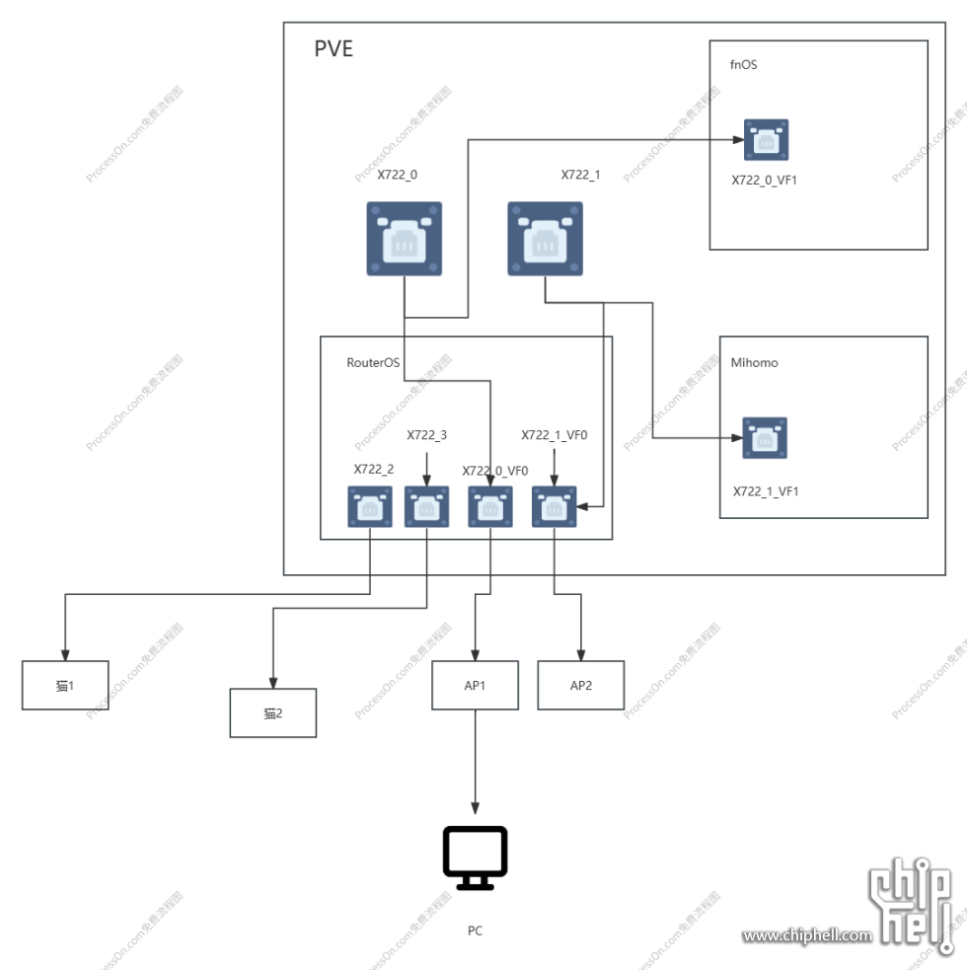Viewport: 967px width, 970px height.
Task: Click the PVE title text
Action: pos(334,48)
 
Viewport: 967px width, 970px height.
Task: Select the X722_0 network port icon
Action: pos(405,239)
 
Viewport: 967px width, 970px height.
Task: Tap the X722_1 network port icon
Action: pos(545,239)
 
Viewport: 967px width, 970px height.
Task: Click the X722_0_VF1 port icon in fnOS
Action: pos(766,140)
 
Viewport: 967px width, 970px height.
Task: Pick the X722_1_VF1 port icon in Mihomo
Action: pos(765,438)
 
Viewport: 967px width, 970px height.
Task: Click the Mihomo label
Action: pos(754,362)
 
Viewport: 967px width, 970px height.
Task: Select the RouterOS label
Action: pos(372,362)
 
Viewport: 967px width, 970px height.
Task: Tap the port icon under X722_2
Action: pos(370,507)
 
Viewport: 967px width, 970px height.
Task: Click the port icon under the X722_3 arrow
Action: pos(426,507)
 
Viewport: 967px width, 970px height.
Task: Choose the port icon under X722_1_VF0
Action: pos(554,507)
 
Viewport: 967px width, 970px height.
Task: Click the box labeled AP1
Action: pos(475,685)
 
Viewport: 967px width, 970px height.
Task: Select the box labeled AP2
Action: pos(581,685)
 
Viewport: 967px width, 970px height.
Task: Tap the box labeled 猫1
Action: pos(65,685)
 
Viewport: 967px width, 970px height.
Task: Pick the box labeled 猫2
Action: pos(273,712)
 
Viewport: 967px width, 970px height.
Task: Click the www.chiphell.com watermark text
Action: pos(807,935)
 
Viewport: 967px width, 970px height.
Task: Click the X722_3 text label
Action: pos(426,434)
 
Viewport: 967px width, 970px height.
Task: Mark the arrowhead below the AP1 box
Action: pos(475,807)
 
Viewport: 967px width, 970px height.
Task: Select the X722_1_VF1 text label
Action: pos(765,490)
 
